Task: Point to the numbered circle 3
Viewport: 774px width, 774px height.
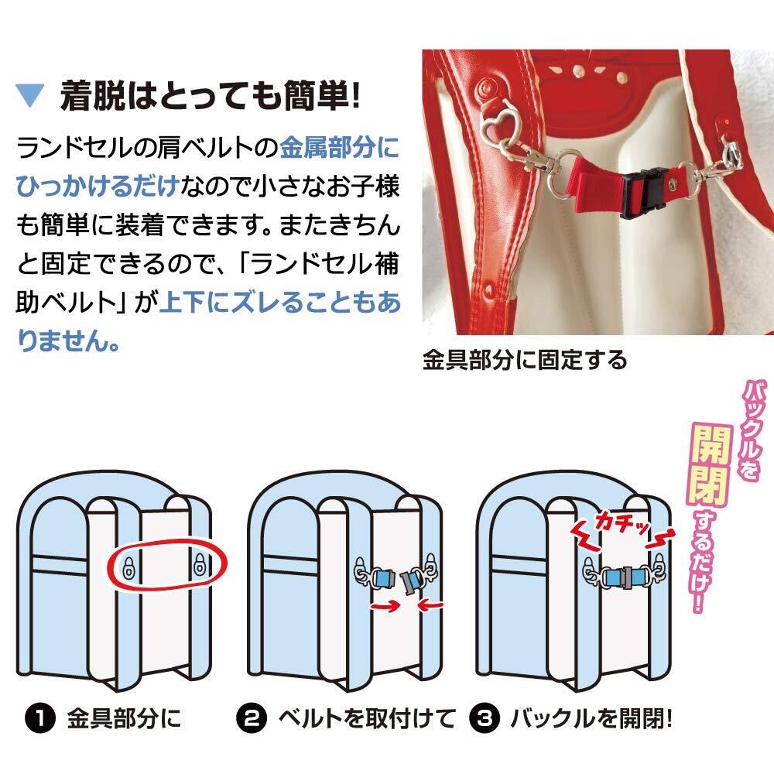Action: (482, 719)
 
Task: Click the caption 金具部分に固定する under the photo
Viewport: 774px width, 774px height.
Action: (524, 360)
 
